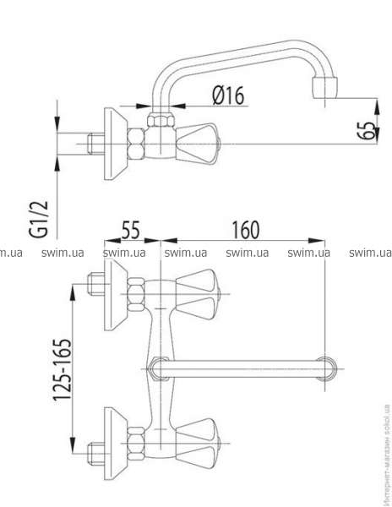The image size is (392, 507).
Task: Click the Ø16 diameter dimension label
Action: [228, 95]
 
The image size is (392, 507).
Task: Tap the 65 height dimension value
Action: [368, 131]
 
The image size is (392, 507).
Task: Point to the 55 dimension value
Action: [131, 229]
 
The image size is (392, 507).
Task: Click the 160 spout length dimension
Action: [246, 229]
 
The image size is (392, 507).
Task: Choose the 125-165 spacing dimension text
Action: [62, 369]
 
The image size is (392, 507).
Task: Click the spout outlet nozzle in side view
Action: [324, 87]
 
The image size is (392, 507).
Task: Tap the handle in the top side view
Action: [197, 144]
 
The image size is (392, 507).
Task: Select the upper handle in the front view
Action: [198, 294]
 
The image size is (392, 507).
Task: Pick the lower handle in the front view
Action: [198, 443]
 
